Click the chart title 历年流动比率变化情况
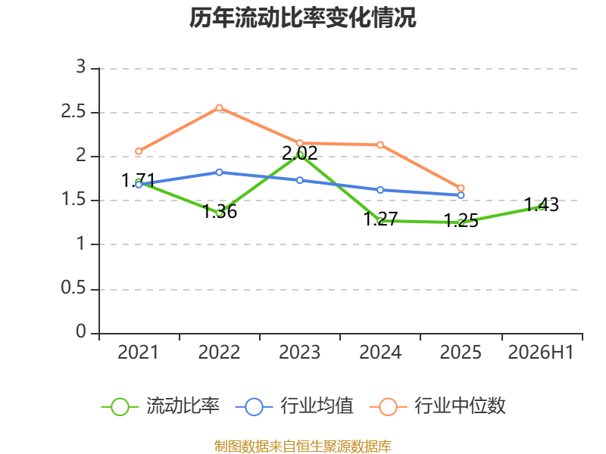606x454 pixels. pyautogui.click(x=302, y=18)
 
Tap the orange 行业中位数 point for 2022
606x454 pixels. pyautogui.click(x=219, y=107)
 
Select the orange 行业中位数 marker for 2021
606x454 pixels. pyautogui.click(x=139, y=151)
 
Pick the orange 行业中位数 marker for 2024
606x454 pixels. pyautogui.click(x=380, y=145)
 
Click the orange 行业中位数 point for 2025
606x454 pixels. pyautogui.click(x=461, y=188)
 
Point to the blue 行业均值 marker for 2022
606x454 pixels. pyautogui.click(x=219, y=173)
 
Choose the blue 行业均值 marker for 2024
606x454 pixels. pyautogui.click(x=380, y=190)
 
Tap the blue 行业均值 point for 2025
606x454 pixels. pyautogui.click(x=461, y=195)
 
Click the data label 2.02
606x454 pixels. pyautogui.click(x=300, y=154)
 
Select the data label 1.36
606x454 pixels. pyautogui.click(x=220, y=212)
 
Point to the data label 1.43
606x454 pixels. pyautogui.click(x=542, y=204)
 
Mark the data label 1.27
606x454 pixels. pyautogui.click(x=381, y=219)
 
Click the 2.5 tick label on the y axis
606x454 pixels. pyautogui.click(x=73, y=111)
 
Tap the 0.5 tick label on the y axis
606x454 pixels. pyautogui.click(x=73, y=288)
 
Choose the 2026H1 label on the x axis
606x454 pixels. pyautogui.click(x=541, y=352)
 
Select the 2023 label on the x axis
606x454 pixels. pyautogui.click(x=299, y=352)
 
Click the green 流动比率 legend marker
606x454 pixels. pyautogui.click(x=120, y=407)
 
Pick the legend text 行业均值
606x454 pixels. pyautogui.click(x=317, y=406)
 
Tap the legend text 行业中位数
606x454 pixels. pyautogui.click(x=460, y=406)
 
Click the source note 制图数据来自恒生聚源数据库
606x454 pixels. pyautogui.click(x=302, y=446)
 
